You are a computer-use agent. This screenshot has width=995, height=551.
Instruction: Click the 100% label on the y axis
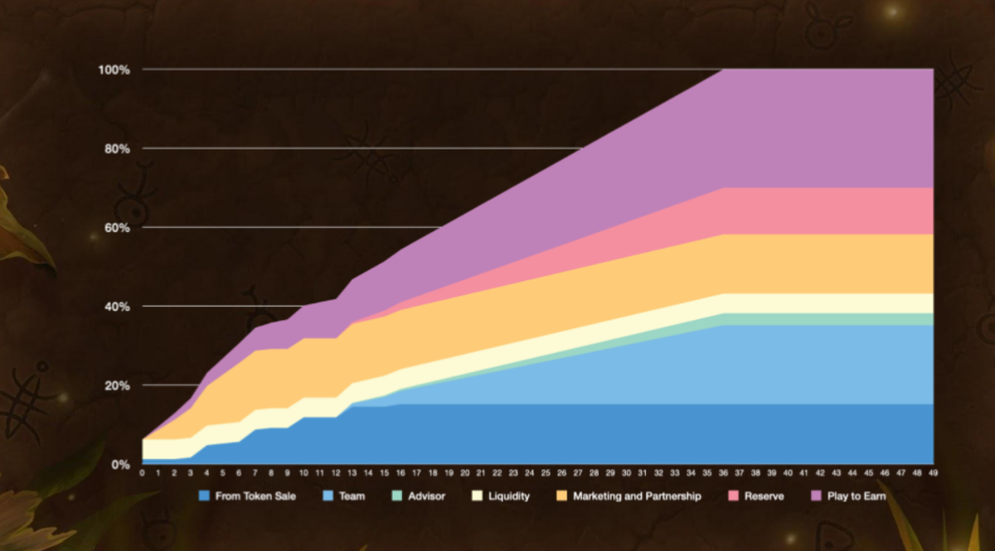pos(114,70)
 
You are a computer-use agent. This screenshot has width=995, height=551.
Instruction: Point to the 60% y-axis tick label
pos(116,228)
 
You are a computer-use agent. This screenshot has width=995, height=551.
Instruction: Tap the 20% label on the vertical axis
pos(116,386)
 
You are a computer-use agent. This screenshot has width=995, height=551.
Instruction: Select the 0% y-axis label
pos(119,465)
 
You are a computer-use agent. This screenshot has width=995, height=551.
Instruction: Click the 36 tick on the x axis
pos(723,473)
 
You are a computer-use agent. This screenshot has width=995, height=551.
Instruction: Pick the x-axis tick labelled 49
pos(933,473)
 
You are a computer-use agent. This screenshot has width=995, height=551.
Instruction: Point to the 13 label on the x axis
pos(352,473)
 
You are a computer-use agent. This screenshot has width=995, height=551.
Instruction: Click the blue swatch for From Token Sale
pos(204,496)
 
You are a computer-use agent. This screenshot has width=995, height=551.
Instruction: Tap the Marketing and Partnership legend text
pos(637,496)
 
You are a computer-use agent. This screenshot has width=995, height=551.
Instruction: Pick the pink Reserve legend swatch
pos(732,496)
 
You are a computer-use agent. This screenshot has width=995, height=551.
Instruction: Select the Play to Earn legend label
pos(857,496)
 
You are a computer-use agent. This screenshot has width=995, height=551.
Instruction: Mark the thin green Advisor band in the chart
pos(829,320)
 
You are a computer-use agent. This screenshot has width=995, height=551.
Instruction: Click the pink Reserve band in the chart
pos(829,210)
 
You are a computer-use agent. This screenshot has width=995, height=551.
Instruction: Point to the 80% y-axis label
pos(116,149)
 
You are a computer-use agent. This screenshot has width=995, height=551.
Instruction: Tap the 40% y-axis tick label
pos(116,307)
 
